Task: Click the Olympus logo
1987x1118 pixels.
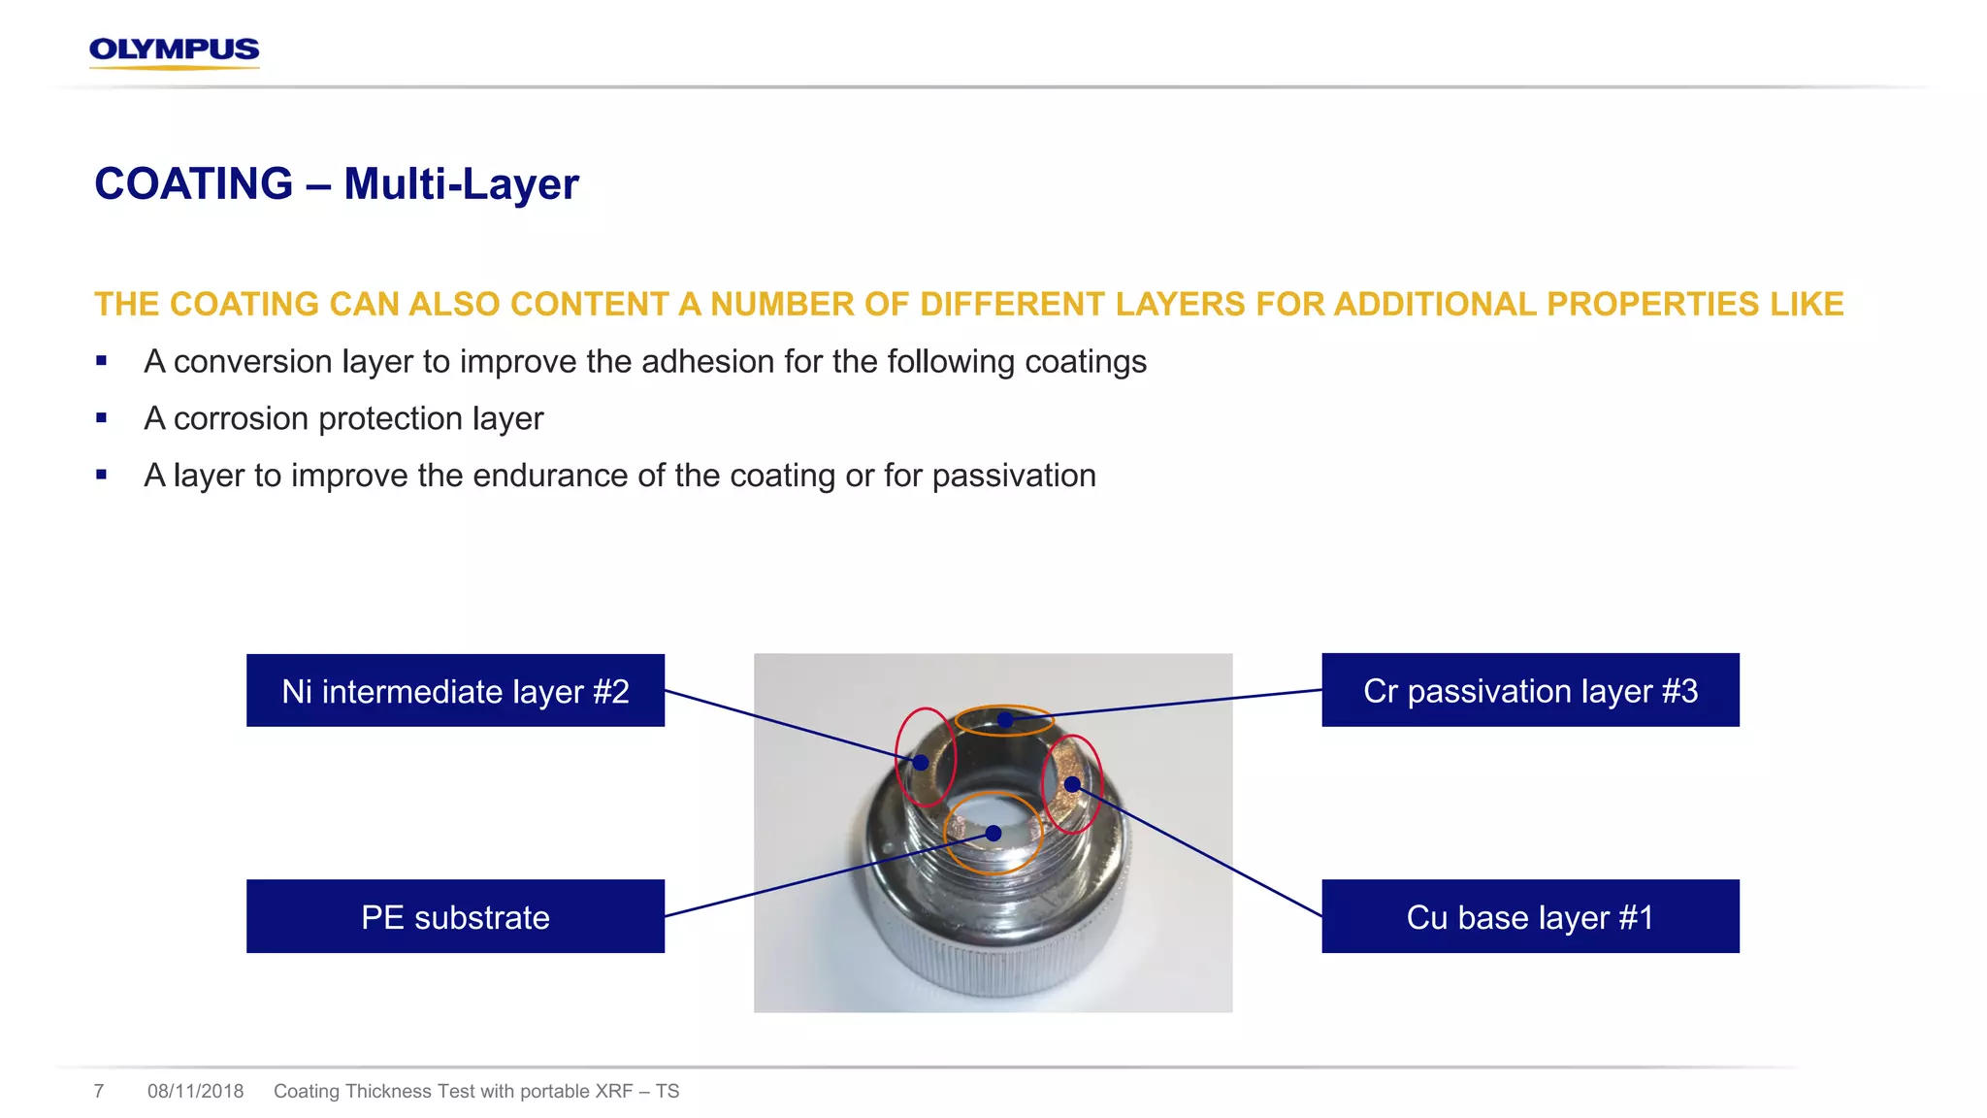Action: click(x=175, y=50)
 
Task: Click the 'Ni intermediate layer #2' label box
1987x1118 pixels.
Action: click(x=455, y=691)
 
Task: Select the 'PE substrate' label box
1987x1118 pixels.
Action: click(x=455, y=916)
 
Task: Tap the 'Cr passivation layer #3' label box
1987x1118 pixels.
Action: click(x=1530, y=690)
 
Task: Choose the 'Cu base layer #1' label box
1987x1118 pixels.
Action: click(x=1530, y=916)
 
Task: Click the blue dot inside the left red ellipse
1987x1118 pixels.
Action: click(x=921, y=763)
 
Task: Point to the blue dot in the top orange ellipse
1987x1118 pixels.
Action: click(x=1005, y=720)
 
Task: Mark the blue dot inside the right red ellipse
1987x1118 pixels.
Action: click(x=1072, y=784)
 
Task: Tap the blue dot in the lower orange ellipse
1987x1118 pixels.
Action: click(x=993, y=833)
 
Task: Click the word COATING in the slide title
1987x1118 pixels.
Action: click(x=194, y=184)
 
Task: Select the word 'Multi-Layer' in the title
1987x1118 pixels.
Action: click(x=461, y=184)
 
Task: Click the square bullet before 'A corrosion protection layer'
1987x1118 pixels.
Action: click(x=102, y=418)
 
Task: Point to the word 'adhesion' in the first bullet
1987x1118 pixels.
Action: click(x=707, y=361)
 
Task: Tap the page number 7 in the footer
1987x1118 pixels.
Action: click(x=99, y=1091)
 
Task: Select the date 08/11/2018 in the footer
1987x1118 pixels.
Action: click(x=195, y=1091)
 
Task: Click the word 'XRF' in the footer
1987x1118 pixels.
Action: click(x=613, y=1091)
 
